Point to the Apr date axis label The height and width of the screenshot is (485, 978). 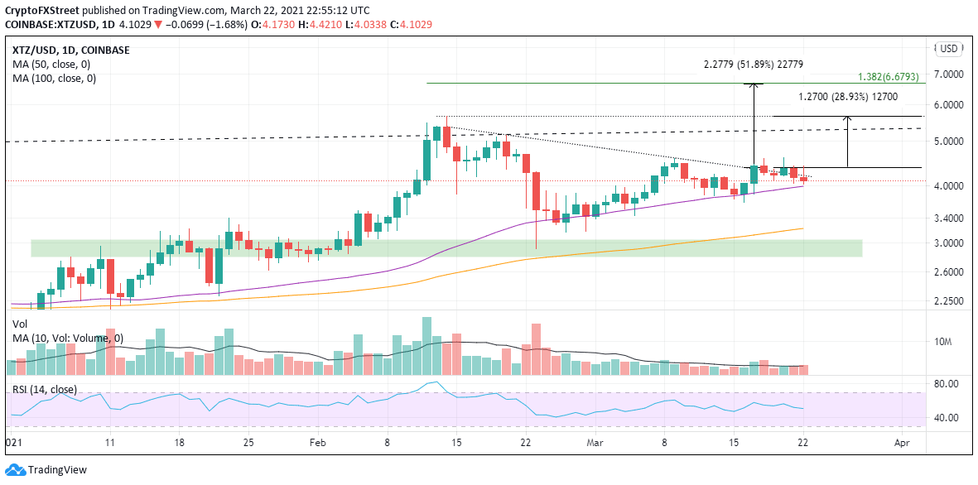coord(902,443)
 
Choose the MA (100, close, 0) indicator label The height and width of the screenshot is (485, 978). coord(54,79)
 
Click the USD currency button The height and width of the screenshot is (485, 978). coord(948,49)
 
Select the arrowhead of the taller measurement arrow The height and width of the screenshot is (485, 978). coord(754,86)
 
